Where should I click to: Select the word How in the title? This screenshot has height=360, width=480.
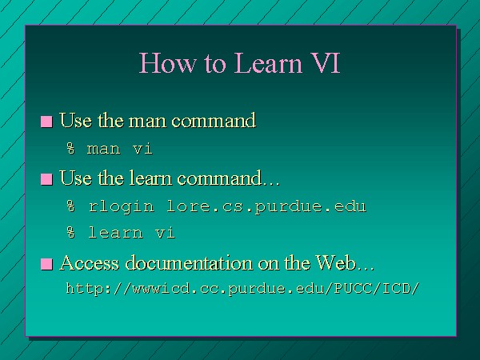[167, 62]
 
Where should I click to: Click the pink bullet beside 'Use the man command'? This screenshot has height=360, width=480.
[46, 122]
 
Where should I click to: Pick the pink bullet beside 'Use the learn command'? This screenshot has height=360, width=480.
[46, 179]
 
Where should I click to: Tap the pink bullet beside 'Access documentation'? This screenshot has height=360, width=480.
[46, 264]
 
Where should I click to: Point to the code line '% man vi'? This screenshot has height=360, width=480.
[110, 149]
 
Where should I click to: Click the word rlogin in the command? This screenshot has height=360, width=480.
[122, 206]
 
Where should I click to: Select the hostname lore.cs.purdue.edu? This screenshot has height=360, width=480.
[266, 206]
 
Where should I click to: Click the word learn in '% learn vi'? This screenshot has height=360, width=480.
[115, 232]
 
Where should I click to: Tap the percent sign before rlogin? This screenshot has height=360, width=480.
[70, 206]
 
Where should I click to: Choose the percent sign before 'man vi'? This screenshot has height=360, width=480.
[70, 149]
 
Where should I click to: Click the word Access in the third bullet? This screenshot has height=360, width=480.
[89, 263]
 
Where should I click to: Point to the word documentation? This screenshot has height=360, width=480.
[189, 263]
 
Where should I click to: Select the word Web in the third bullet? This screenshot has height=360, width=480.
[335, 263]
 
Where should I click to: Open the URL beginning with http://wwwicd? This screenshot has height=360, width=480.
[242, 289]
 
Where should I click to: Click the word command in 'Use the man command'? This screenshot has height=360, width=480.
[214, 120]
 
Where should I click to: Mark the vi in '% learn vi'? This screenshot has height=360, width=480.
[165, 232]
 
